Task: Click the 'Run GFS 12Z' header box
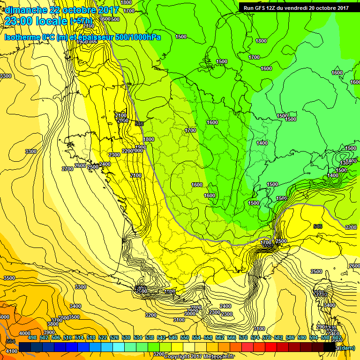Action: [296, 7]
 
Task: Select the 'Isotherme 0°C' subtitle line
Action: [82, 37]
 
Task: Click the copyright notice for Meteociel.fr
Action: [199, 357]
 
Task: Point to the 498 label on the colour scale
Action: [32, 337]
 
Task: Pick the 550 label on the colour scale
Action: [185, 337]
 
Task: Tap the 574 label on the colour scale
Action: [255, 337]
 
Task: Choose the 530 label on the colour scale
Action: [126, 337]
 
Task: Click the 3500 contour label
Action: [9, 278]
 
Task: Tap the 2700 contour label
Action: [67, 169]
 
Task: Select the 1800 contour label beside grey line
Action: [149, 139]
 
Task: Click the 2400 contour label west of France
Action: [105, 164]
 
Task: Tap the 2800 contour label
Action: [196, 307]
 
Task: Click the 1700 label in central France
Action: [190, 130]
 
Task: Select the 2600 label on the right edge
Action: [354, 265]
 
